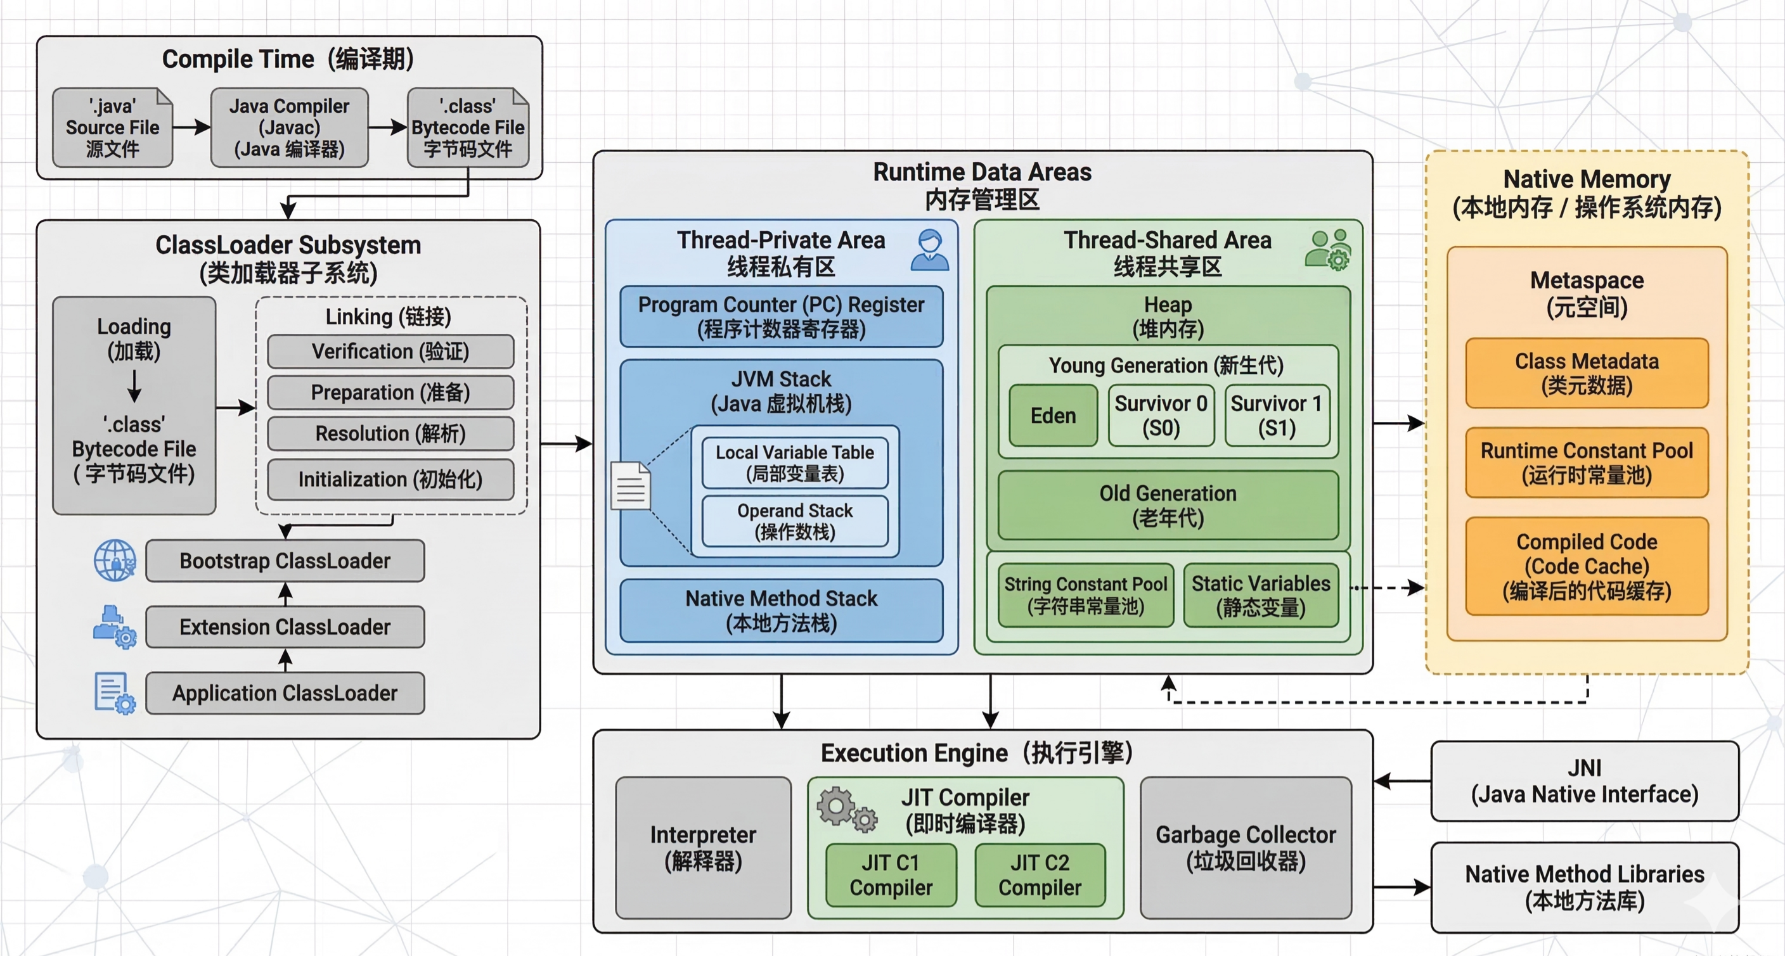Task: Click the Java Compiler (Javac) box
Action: click(289, 127)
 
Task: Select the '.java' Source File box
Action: click(112, 127)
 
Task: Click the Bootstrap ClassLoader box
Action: click(285, 561)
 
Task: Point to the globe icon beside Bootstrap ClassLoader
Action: click(115, 561)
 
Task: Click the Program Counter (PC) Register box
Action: click(781, 316)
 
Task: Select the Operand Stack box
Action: click(795, 521)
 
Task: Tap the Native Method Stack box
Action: click(781, 610)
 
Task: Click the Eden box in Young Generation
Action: click(1053, 416)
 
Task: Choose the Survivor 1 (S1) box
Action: click(1277, 416)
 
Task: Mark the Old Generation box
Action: click(1168, 505)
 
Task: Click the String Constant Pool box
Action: click(1086, 595)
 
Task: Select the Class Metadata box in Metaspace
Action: click(1586, 373)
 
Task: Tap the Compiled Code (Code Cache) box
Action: click(1586, 566)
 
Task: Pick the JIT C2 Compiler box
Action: click(1040, 875)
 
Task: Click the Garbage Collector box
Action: click(1245, 847)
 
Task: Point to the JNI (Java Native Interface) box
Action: click(1584, 781)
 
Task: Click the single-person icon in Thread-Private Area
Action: click(929, 250)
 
